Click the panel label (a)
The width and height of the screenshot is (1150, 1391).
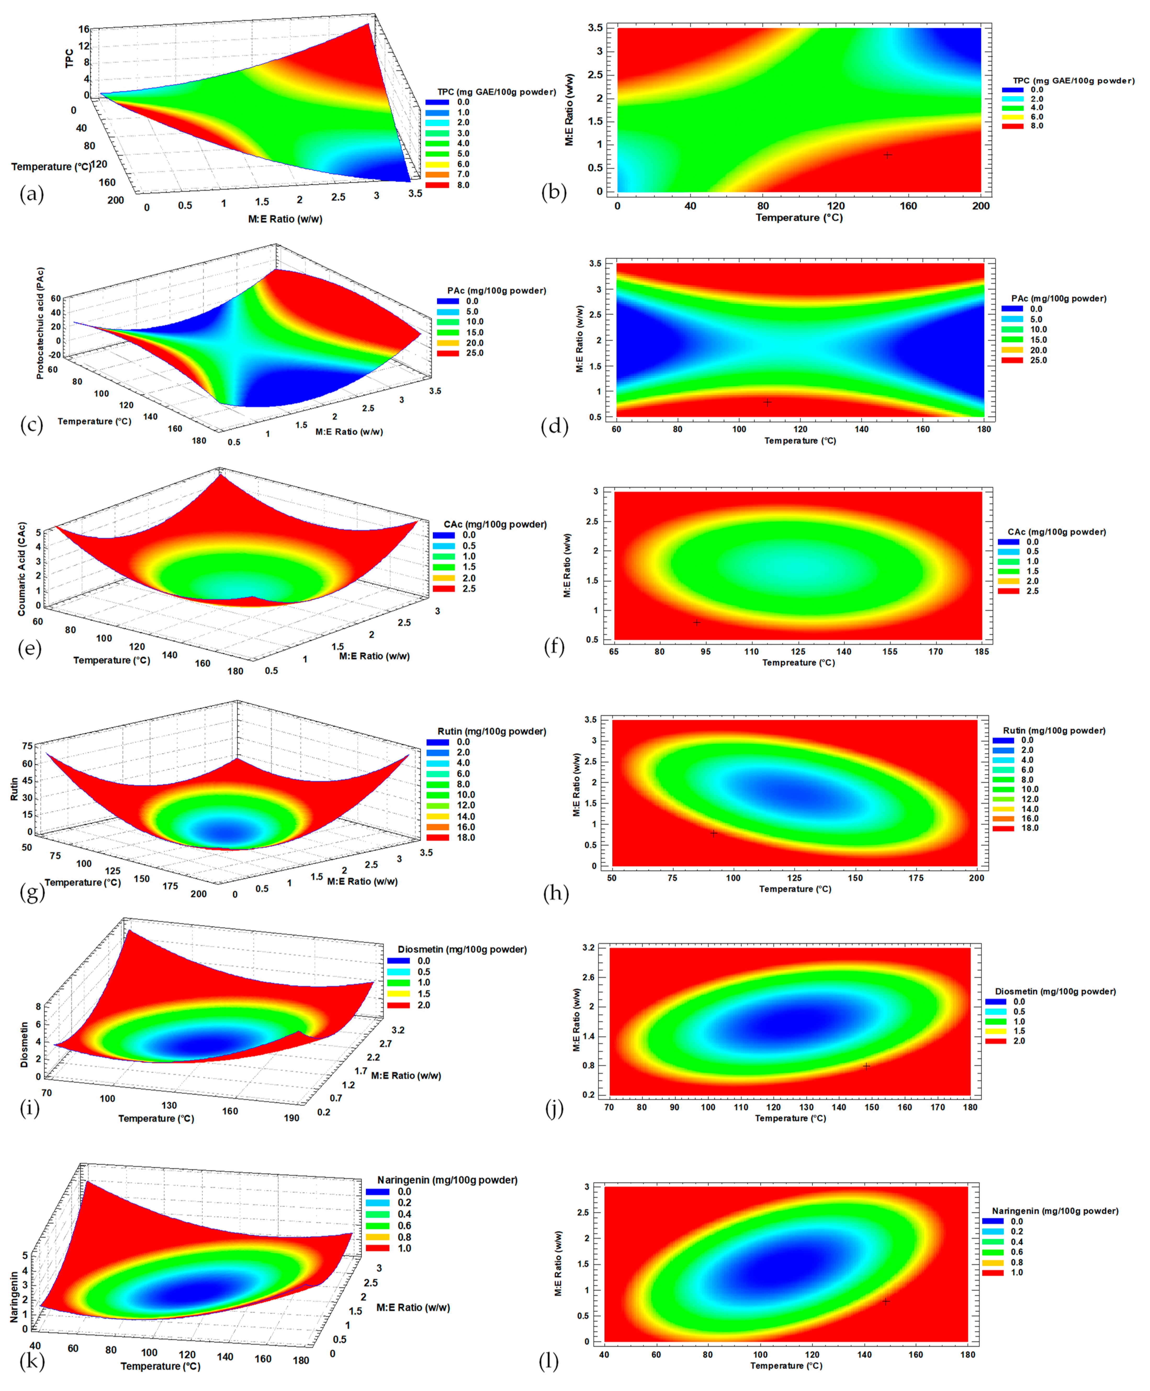31,194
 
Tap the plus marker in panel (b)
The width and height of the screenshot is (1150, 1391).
887,155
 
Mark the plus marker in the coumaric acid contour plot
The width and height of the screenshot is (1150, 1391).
696,622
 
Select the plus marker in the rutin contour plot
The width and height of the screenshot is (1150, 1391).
713,833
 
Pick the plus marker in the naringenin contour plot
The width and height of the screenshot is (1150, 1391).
886,1301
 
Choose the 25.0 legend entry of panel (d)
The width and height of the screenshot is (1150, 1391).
1038,360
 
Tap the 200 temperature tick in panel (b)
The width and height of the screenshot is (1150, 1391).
980,206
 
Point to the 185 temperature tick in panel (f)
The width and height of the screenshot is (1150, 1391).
981,651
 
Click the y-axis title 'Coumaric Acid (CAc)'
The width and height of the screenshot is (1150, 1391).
22,569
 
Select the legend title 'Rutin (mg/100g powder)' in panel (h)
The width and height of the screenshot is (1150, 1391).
1053,731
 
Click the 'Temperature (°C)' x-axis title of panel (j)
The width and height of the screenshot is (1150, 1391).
790,1118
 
